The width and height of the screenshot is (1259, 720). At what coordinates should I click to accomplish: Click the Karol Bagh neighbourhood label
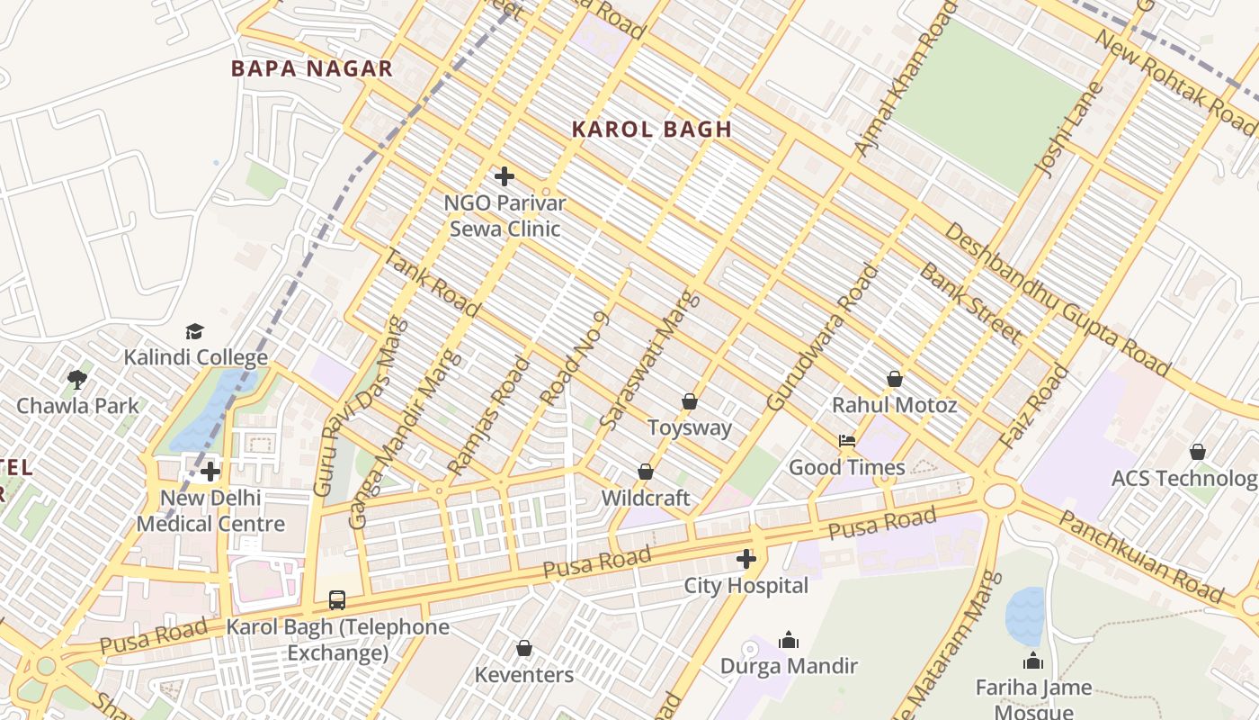point(652,130)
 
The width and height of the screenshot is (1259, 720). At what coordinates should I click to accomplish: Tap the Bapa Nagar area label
point(312,68)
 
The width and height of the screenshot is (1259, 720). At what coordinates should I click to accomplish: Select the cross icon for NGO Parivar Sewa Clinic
point(504,176)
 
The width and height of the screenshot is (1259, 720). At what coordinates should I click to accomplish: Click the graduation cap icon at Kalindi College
point(195,332)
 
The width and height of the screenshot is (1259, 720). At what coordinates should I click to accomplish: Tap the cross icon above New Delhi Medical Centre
point(210,472)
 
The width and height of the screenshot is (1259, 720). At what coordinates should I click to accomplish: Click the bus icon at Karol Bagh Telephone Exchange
point(337,600)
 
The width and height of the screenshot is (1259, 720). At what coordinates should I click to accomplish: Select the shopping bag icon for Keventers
point(524,649)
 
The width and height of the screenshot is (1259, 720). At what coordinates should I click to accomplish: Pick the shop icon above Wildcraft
point(645,472)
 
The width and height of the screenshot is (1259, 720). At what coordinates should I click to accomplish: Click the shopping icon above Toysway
point(690,401)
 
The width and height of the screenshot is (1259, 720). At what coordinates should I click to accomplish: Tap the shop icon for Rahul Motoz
point(894,379)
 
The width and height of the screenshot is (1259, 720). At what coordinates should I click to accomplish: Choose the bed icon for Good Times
point(846,441)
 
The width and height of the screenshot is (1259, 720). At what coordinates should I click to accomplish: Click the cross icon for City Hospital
point(746,560)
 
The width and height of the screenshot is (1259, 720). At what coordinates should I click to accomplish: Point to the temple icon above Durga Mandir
point(789,640)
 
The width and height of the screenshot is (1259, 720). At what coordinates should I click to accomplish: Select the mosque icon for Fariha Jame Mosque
point(1033,661)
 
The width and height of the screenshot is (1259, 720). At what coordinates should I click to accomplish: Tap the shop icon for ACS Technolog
point(1197,452)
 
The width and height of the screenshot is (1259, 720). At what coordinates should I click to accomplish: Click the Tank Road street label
point(432,283)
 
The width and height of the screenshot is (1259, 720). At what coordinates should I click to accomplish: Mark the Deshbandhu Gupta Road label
point(1057,299)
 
